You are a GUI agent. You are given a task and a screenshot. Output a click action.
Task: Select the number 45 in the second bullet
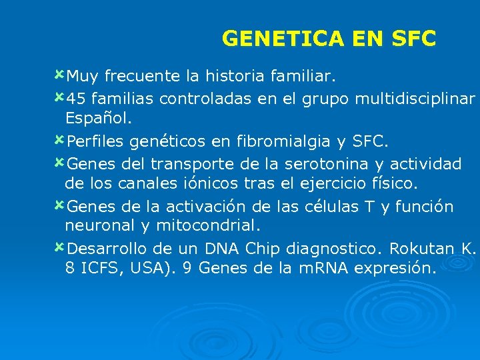click(77, 99)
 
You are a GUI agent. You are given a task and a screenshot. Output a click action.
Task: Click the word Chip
click(265, 249)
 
